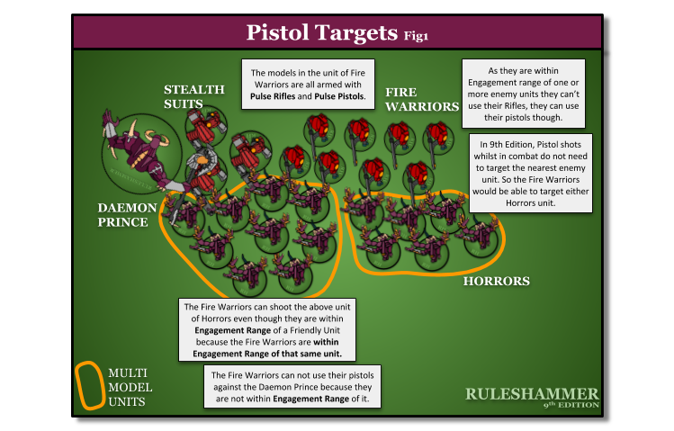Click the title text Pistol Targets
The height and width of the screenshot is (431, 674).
322,33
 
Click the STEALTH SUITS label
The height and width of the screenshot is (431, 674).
193,96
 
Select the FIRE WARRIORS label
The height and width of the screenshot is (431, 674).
422,99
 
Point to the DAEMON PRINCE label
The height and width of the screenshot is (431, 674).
127,214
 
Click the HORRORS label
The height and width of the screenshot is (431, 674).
496,282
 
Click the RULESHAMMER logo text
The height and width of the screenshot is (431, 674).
531,394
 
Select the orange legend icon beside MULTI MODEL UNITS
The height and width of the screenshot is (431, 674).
88,386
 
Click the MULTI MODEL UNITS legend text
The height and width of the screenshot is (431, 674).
130,387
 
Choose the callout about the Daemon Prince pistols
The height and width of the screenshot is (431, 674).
294,386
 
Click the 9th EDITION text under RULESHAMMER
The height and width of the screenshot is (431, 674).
571,406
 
